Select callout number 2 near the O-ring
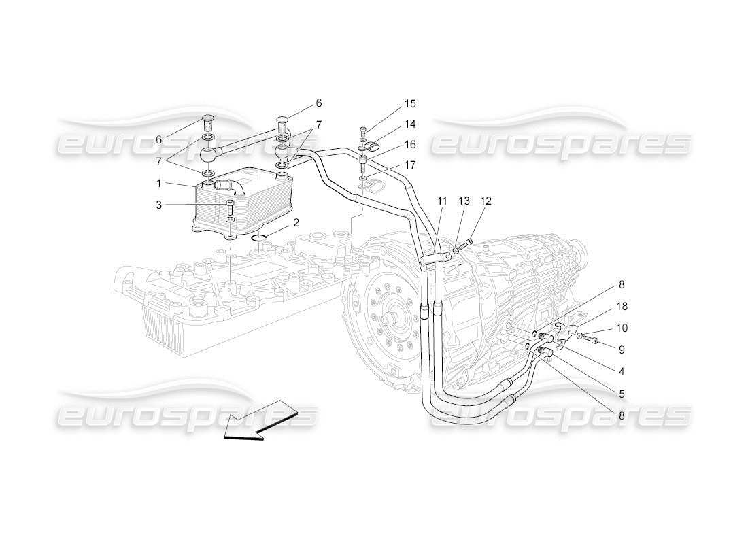tap(296, 222)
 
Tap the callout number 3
tap(158, 205)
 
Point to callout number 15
tap(409, 104)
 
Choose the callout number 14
tap(409, 124)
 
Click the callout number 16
tap(409, 144)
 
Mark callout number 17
tap(409, 164)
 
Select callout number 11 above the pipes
tap(442, 201)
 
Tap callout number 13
tap(464, 201)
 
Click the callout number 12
tap(486, 201)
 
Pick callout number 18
tap(621, 307)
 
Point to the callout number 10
tap(621, 328)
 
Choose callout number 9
tap(621, 350)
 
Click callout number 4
tap(621, 371)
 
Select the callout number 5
tap(621, 393)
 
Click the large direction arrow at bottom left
tap(260, 422)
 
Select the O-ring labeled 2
tap(260, 237)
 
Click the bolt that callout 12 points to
tap(467, 243)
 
